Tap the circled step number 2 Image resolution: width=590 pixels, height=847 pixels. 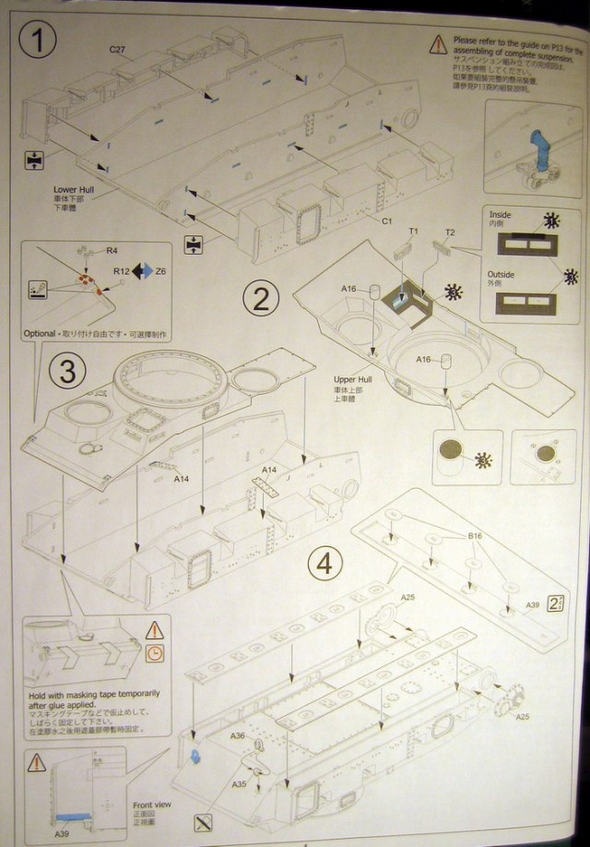261,298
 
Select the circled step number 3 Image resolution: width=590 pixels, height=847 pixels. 66,371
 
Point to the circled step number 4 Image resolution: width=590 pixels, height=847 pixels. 324,563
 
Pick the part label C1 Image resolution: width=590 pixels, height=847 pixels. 387,221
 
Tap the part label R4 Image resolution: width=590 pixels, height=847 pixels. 112,250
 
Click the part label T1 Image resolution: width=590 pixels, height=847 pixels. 414,231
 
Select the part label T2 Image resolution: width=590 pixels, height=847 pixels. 450,231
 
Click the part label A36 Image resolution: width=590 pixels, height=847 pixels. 237,735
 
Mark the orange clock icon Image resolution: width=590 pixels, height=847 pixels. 154,653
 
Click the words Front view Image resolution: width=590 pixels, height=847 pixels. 152,805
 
